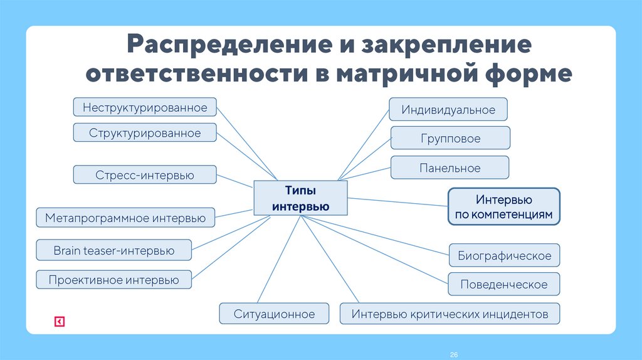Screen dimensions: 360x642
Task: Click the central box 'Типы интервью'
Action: coord(300,198)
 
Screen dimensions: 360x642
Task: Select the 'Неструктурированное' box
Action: coord(145,107)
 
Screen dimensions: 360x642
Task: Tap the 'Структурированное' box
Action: coord(145,133)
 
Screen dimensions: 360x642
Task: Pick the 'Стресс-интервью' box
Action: coord(145,175)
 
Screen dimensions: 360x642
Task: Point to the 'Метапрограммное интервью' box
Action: coord(125,218)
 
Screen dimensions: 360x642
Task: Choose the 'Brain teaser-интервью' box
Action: coord(114,251)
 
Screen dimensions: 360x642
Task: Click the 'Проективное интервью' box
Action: coord(114,280)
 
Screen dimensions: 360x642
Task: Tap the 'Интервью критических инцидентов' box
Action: coord(450,314)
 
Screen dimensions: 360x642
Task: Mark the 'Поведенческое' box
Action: coord(504,284)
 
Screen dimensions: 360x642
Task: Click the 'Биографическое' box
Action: coord(504,255)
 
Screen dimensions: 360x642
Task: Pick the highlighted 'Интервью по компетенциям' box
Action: coord(504,206)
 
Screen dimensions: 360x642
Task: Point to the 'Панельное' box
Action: coord(450,168)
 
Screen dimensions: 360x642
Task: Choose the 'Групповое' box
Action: coord(450,138)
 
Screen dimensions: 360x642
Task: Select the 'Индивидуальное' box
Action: coord(448,110)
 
